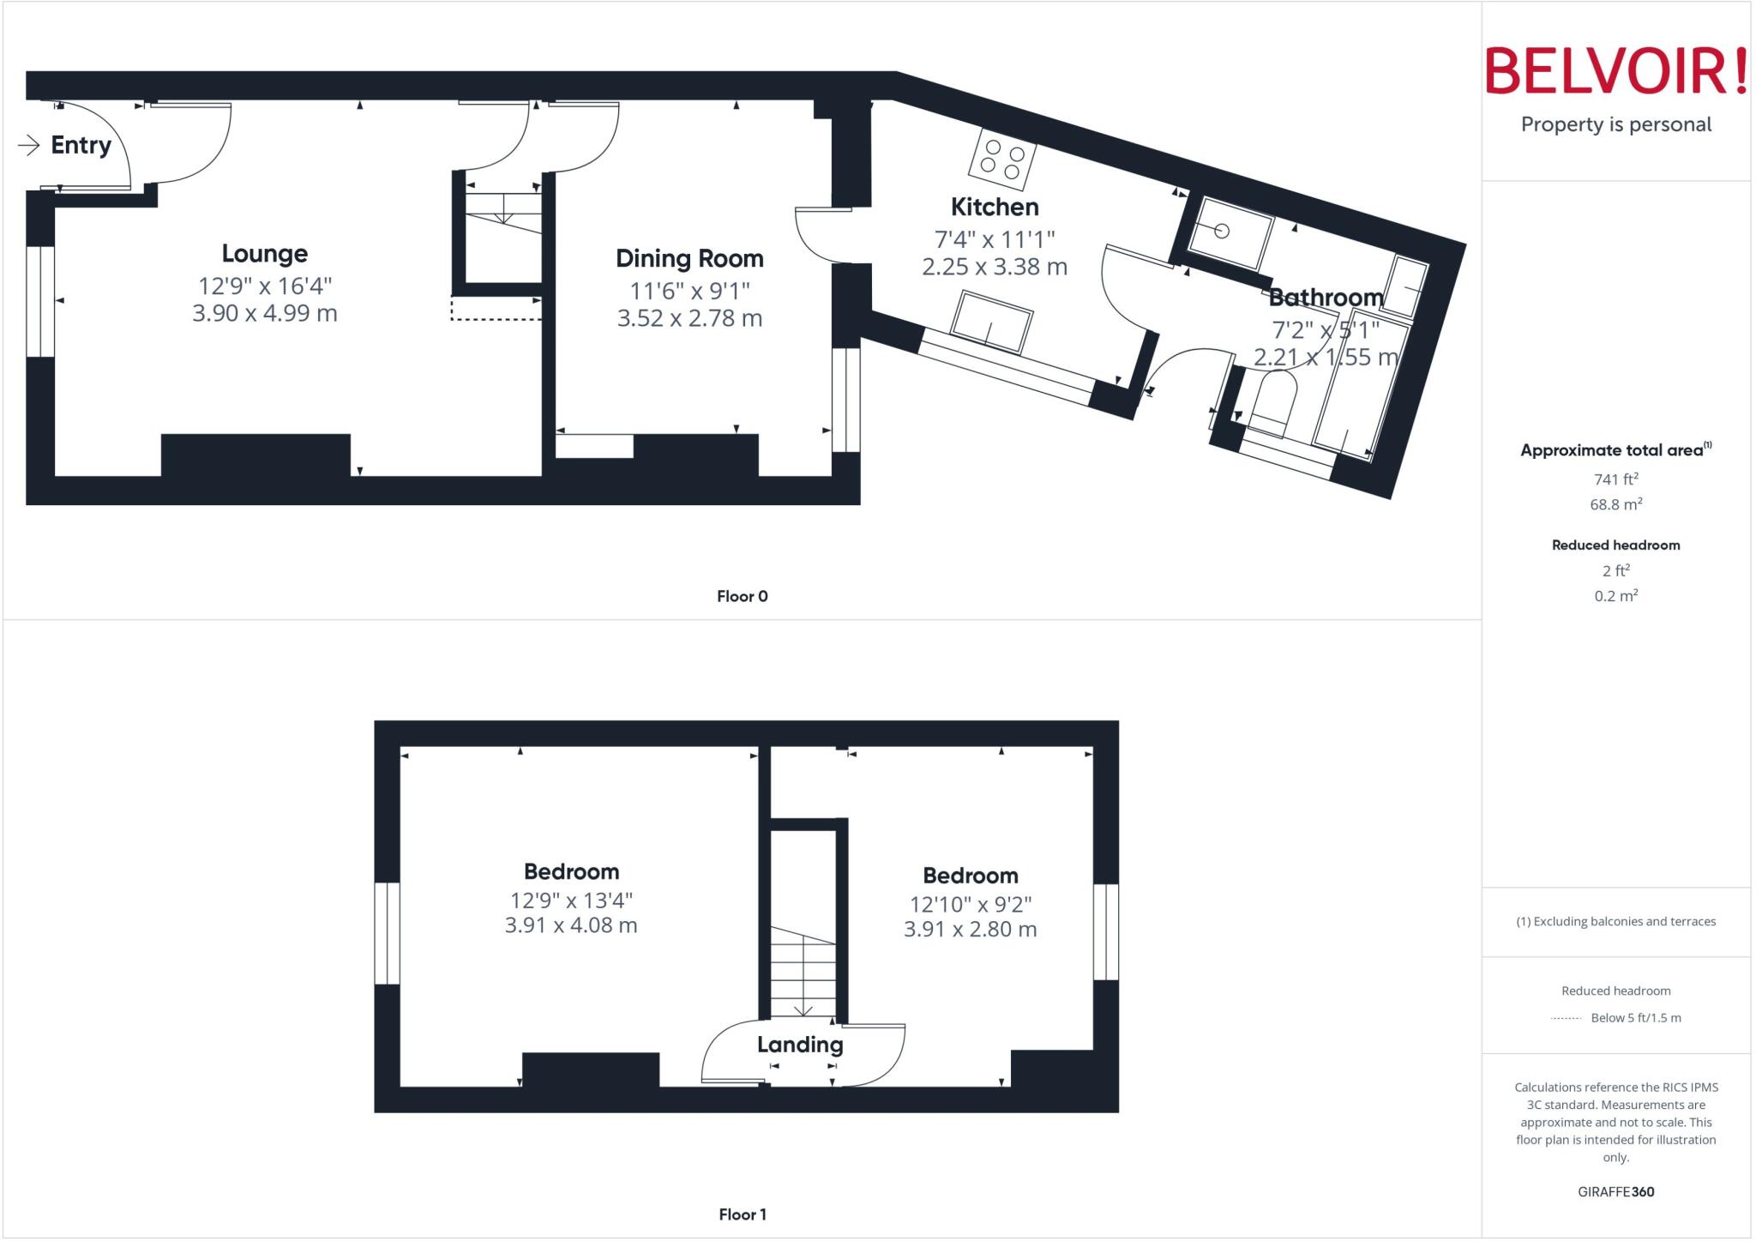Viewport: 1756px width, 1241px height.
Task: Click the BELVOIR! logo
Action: click(x=1615, y=71)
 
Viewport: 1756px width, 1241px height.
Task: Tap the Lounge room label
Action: click(x=264, y=254)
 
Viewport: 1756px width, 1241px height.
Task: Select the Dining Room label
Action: click(x=689, y=259)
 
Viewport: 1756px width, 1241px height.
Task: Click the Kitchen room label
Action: click(x=995, y=208)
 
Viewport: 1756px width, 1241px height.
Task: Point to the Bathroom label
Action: click(x=1326, y=298)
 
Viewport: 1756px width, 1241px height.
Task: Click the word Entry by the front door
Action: click(x=81, y=145)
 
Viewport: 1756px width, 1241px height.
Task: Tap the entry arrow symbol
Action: click(x=29, y=145)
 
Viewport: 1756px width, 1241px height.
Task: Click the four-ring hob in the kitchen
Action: click(x=1002, y=159)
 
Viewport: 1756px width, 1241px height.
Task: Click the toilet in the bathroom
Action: click(x=1272, y=407)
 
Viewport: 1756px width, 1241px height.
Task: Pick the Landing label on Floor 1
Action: click(x=800, y=1045)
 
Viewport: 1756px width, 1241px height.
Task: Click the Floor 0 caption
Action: click(x=743, y=596)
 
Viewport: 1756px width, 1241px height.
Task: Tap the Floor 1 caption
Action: click(x=743, y=1214)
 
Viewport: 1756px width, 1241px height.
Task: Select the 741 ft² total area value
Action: click(x=1616, y=479)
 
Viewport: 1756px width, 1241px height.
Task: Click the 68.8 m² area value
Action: click(x=1616, y=504)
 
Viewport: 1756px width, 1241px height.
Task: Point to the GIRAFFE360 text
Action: click(x=1616, y=1191)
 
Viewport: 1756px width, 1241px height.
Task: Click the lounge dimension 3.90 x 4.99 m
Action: click(x=264, y=313)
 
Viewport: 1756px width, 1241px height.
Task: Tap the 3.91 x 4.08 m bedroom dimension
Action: click(x=571, y=925)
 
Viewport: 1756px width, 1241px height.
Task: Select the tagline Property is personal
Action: click(x=1616, y=124)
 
